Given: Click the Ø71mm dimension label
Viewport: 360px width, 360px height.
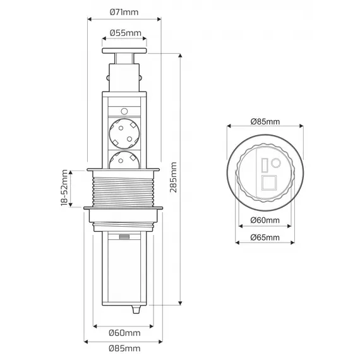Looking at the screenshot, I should [125, 11].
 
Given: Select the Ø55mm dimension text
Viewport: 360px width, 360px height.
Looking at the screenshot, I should [125, 33].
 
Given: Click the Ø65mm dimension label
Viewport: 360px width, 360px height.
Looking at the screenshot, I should [265, 237].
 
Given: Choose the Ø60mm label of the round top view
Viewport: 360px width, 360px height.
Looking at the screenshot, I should [265, 220].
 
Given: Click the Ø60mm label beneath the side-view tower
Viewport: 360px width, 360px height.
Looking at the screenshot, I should [125, 332].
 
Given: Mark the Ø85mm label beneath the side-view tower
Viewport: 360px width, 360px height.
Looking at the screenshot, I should [125, 348].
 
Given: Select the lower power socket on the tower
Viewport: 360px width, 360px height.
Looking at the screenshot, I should [124, 160].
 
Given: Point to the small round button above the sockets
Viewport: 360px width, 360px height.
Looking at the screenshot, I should [124, 109].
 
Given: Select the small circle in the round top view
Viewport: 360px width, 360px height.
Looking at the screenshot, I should [275, 164].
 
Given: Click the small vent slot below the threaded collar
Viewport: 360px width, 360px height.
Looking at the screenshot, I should [124, 237].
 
